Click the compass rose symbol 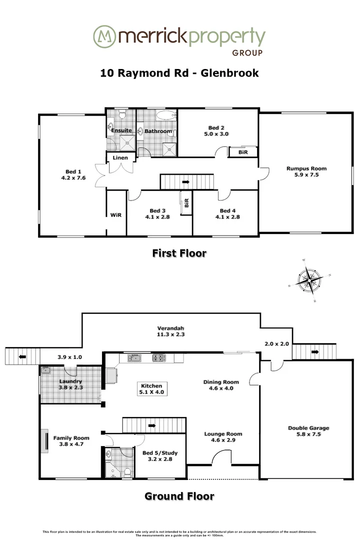click(309, 280)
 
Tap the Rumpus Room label click(306, 168)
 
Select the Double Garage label click(308, 428)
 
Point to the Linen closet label click(120, 158)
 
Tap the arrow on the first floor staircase click(186, 182)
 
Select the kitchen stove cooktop click(158, 357)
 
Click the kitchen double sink click(134, 357)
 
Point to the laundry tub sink click(45, 370)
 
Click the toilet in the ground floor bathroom click(128, 471)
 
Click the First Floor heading click(179, 253)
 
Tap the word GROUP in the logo click(248, 52)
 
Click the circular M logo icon click(103, 37)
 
